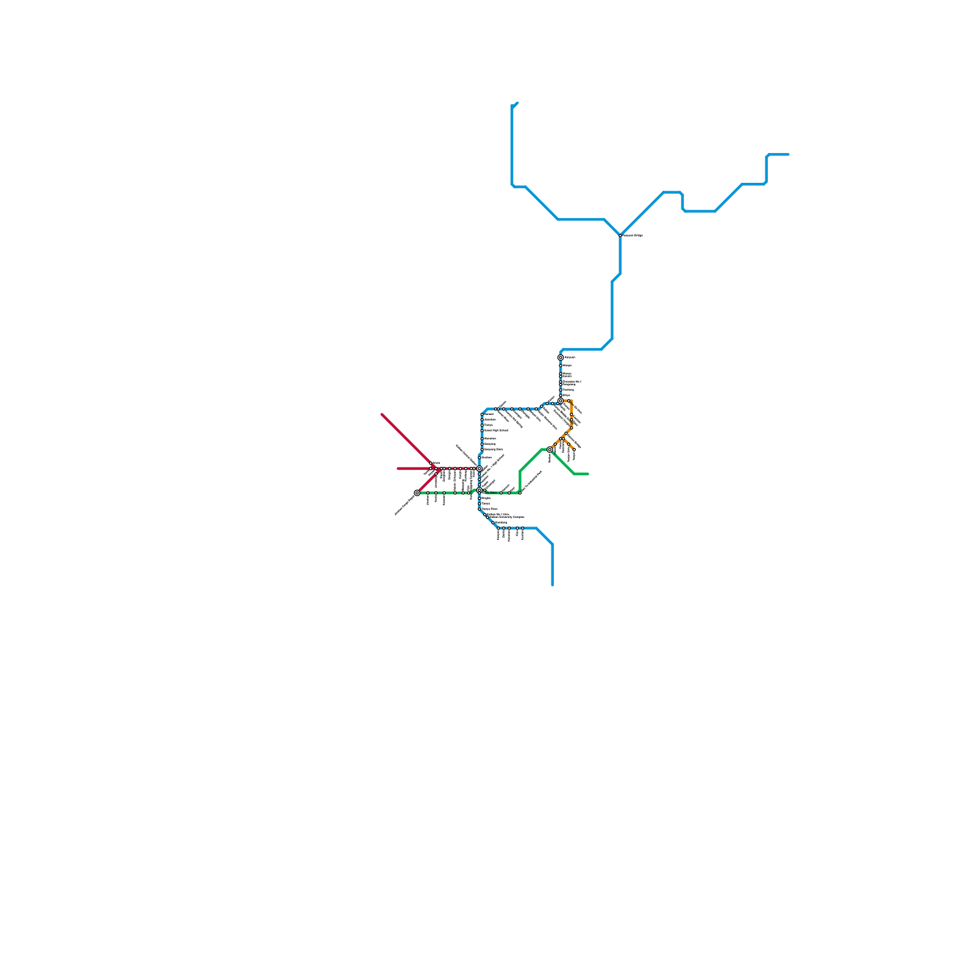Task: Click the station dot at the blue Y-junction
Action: click(x=620, y=235)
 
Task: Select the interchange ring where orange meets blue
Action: click(x=560, y=401)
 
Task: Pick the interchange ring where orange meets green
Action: click(x=550, y=450)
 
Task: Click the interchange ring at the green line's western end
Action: click(x=417, y=492)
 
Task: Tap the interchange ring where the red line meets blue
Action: click(x=479, y=468)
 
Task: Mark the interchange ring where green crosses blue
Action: click(x=480, y=490)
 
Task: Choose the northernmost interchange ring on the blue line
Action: click(x=560, y=358)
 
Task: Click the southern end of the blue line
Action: click(x=552, y=585)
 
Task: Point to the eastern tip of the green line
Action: click(x=588, y=473)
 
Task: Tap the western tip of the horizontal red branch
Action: click(x=398, y=469)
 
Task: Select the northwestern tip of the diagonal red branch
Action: click(x=382, y=414)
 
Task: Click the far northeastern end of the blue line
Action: click(x=789, y=154)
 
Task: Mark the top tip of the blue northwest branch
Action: click(x=517, y=102)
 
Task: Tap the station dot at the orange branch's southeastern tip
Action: click(x=573, y=449)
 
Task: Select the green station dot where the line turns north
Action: click(x=519, y=492)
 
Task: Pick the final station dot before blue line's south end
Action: click(x=522, y=528)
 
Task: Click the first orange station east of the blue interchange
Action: click(x=570, y=401)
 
